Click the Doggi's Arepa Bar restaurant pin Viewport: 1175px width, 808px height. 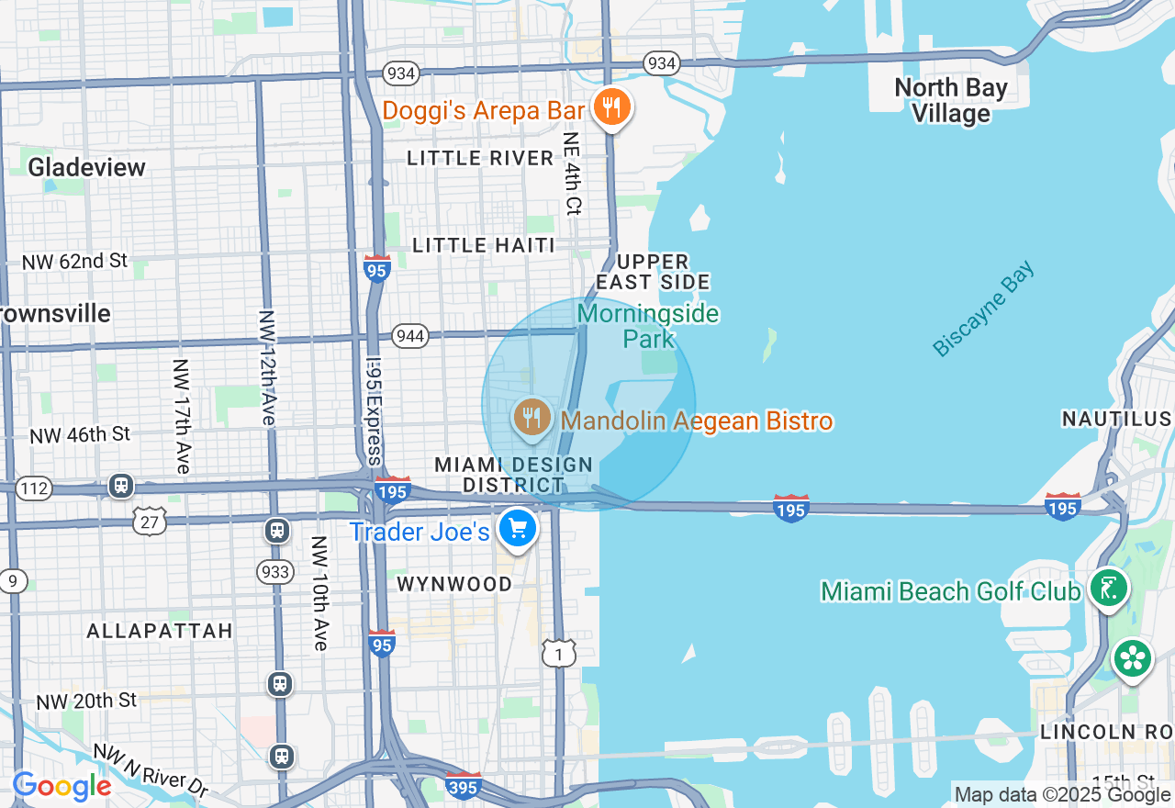610,108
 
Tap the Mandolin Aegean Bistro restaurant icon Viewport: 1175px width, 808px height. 532,418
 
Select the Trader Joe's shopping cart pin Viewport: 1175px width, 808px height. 518,529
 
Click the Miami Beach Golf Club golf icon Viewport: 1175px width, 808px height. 1108,588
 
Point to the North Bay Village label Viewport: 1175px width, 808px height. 951,101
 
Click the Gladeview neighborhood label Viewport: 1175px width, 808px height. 87,167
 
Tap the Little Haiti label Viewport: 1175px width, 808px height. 484,245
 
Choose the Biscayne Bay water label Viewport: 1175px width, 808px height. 983,309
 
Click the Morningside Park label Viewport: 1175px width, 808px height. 648,327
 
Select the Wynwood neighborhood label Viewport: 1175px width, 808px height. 454,584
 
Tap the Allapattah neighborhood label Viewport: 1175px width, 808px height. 160,631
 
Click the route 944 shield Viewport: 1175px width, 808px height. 409,336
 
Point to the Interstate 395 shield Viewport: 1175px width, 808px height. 463,786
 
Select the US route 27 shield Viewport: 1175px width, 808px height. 150,521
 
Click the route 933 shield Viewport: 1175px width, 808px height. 275,572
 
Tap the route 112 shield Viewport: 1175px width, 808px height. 34,488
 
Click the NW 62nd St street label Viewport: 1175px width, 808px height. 74,262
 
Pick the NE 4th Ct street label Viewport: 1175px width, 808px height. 572,174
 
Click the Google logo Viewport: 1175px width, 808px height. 62,786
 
